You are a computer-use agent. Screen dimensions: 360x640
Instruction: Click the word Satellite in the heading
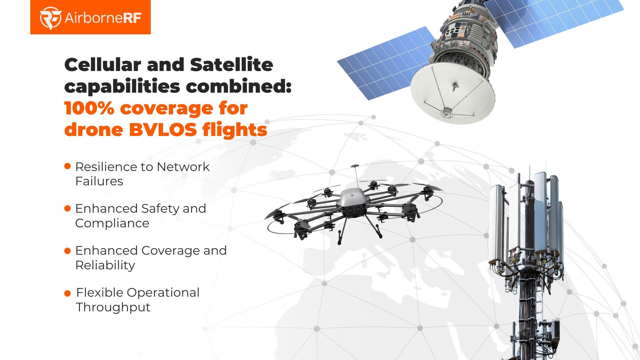click(x=231, y=65)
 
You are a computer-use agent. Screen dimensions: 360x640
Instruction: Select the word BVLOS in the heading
click(x=163, y=130)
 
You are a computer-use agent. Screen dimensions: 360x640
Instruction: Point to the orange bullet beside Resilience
click(x=67, y=166)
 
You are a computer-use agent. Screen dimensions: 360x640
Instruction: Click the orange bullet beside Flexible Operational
click(x=67, y=293)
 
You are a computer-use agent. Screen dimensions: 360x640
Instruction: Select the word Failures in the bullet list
click(x=99, y=181)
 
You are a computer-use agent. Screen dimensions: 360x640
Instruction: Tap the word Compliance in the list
click(x=112, y=223)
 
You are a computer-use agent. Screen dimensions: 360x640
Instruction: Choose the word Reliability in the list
click(x=105, y=265)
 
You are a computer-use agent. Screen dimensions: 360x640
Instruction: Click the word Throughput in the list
click(x=113, y=307)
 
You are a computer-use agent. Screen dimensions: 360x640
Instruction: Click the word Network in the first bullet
click(x=183, y=167)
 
